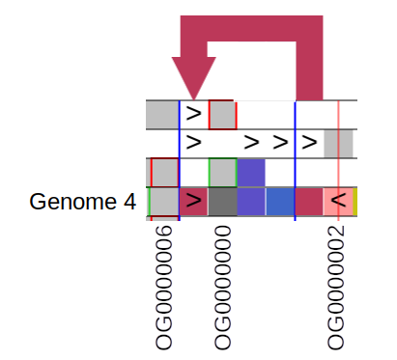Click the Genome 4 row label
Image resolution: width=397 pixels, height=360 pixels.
tap(82, 203)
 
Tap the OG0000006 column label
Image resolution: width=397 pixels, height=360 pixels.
tap(164, 288)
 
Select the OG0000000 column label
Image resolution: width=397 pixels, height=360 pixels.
tap(223, 288)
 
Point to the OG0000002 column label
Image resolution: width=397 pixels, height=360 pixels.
tap(336, 288)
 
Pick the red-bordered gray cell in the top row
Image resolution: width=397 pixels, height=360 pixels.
tap(222, 115)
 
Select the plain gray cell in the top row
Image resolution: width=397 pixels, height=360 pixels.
tap(162, 115)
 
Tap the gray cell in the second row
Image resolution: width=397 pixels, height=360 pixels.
tap(339, 144)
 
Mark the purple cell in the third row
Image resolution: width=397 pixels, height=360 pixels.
tap(251, 173)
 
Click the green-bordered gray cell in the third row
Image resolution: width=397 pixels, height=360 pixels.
tap(222, 173)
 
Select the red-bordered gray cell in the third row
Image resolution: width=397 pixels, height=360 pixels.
tap(164, 173)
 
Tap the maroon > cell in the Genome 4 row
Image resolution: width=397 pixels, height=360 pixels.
tap(194, 202)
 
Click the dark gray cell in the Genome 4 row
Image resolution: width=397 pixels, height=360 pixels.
tap(222, 202)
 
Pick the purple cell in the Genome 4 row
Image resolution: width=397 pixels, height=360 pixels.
tap(251, 202)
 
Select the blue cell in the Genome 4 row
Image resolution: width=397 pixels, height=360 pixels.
tap(280, 202)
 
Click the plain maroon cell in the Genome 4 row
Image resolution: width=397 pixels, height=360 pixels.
tap(309, 202)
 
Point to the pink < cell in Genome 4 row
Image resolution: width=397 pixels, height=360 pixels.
tap(338, 202)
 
